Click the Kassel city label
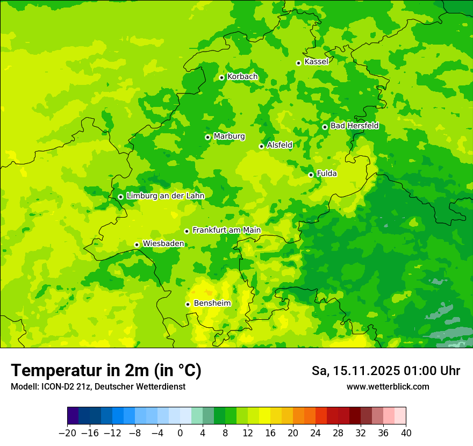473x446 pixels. pos(316,62)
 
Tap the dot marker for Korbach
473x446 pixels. pos(221,77)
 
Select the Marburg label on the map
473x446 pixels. pos(229,136)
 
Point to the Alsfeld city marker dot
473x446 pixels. pos(261,146)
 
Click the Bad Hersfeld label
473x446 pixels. pos(354,126)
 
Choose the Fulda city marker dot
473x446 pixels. pos(311,175)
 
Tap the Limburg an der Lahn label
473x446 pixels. pos(165,196)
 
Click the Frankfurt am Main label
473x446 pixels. pos(226,231)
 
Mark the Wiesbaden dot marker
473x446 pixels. pos(137,244)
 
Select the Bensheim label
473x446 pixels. pos(212,304)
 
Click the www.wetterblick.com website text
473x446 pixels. pos(388,386)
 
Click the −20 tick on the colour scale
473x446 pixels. pos(67,433)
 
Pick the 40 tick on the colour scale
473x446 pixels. pos(406,433)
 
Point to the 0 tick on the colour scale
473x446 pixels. pos(180,433)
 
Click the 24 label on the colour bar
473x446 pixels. pos(316,433)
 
